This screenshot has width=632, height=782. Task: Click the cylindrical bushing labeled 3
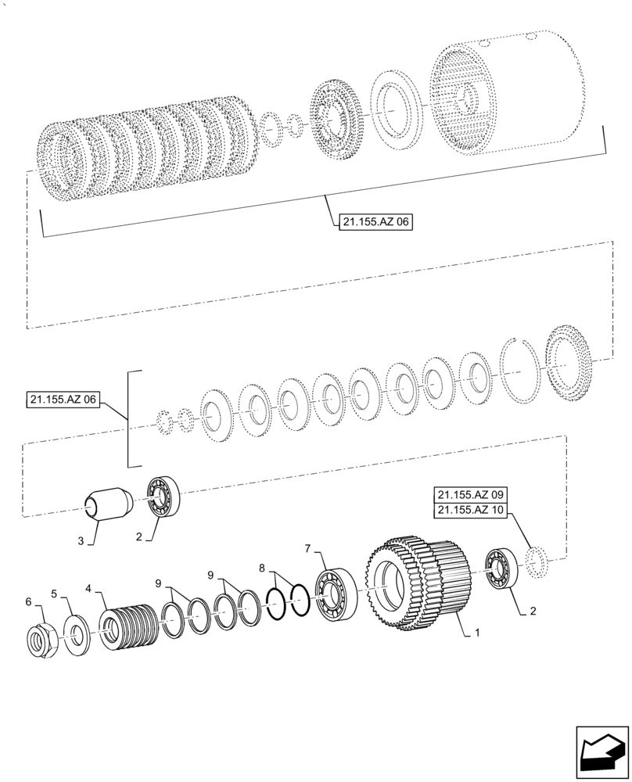[108, 502]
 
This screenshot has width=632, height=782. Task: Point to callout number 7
[308, 550]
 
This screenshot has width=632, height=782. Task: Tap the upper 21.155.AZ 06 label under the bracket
[375, 222]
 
